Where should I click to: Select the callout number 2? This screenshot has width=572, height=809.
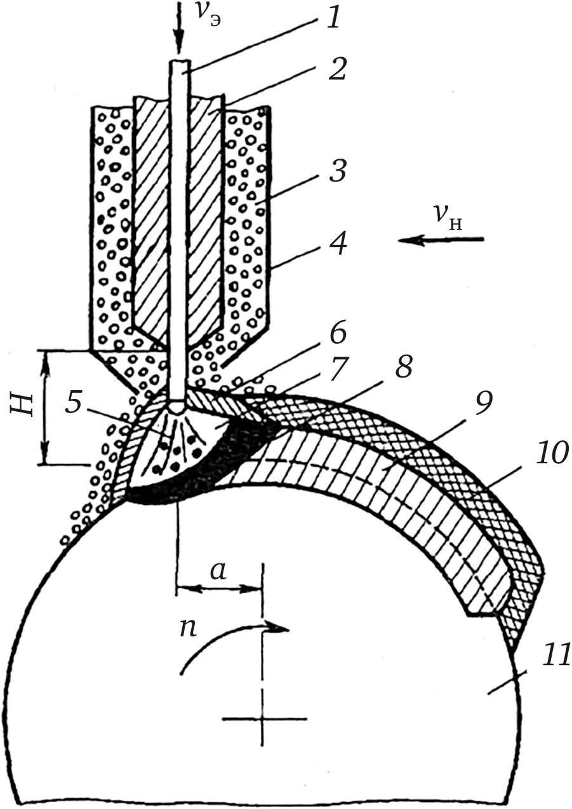pos(336,69)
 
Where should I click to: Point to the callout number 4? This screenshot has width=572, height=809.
pos(337,244)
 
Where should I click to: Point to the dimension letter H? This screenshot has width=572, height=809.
pos(23,407)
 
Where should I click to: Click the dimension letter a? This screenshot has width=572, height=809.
pos(217,571)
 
